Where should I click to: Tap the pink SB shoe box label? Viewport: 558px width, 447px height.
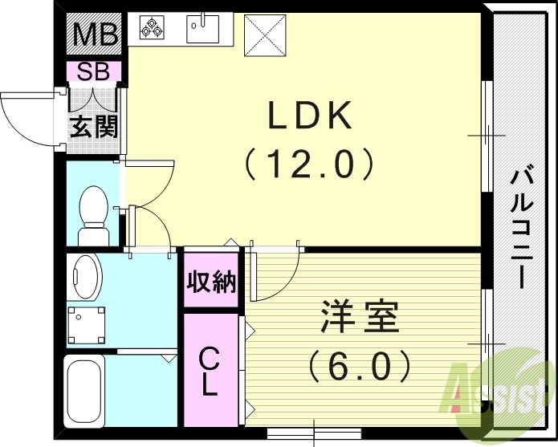[x=94, y=71]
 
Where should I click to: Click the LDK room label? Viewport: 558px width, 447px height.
[x=310, y=118]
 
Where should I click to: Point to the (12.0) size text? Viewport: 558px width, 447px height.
[x=310, y=165]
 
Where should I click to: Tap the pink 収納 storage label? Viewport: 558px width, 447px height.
[x=212, y=282]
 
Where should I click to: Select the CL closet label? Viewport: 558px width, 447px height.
[x=210, y=371]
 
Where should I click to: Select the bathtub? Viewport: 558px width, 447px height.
[x=83, y=391]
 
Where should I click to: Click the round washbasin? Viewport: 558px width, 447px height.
[x=83, y=277]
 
